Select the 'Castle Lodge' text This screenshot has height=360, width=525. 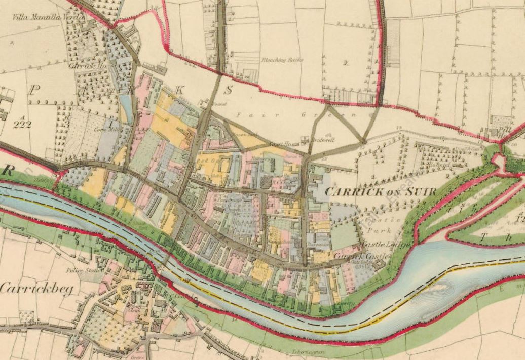point(373,245)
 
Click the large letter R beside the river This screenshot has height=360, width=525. point(7,171)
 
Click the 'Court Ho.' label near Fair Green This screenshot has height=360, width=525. point(279,144)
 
